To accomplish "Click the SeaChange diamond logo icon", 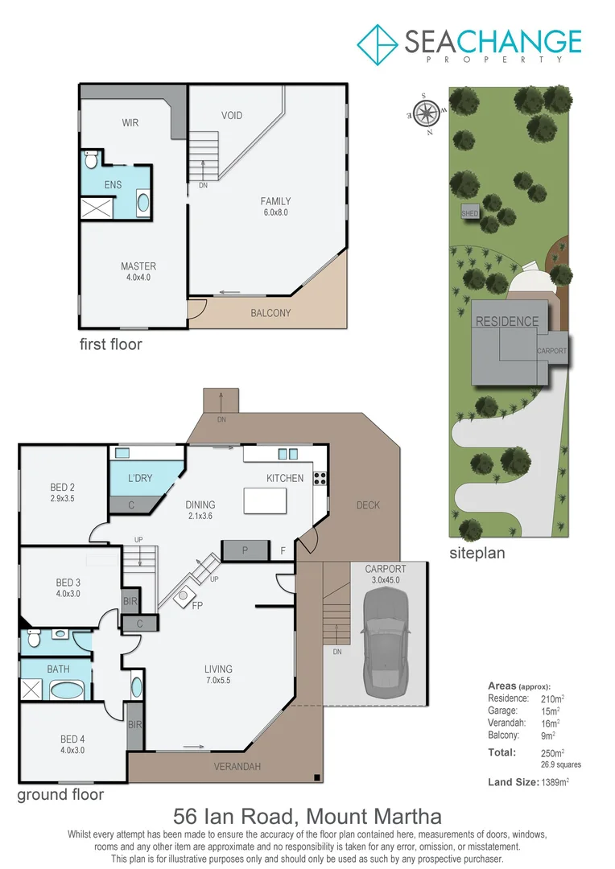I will [x=378, y=44].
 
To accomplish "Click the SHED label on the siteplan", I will [x=470, y=213].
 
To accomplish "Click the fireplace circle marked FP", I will [x=184, y=596].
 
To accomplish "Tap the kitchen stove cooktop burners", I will [x=319, y=478].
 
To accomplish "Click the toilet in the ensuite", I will [x=91, y=158].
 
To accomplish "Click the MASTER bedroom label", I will [x=138, y=266].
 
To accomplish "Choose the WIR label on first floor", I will [x=130, y=123].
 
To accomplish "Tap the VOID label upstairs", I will [x=232, y=115].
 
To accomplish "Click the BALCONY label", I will [x=270, y=313].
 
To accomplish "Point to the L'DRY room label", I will [x=140, y=479].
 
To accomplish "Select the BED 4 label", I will [x=69, y=739].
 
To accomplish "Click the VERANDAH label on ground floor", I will [x=237, y=767].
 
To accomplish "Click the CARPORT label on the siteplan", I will [x=552, y=351].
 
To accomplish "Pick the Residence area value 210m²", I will [x=551, y=698].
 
